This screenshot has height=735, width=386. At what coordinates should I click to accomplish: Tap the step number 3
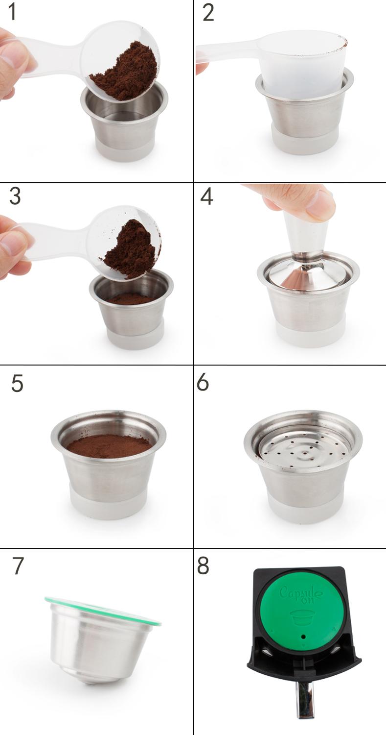15,196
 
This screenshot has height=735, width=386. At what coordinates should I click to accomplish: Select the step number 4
206,196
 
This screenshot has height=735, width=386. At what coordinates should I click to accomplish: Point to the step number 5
17,383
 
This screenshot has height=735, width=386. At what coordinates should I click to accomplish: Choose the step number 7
18,566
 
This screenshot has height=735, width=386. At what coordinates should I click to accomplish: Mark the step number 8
203,566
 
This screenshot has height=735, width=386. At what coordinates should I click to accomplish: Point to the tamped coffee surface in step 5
109,446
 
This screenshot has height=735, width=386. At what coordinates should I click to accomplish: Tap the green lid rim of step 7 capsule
103,610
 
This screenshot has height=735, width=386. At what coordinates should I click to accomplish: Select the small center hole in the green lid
303,637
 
